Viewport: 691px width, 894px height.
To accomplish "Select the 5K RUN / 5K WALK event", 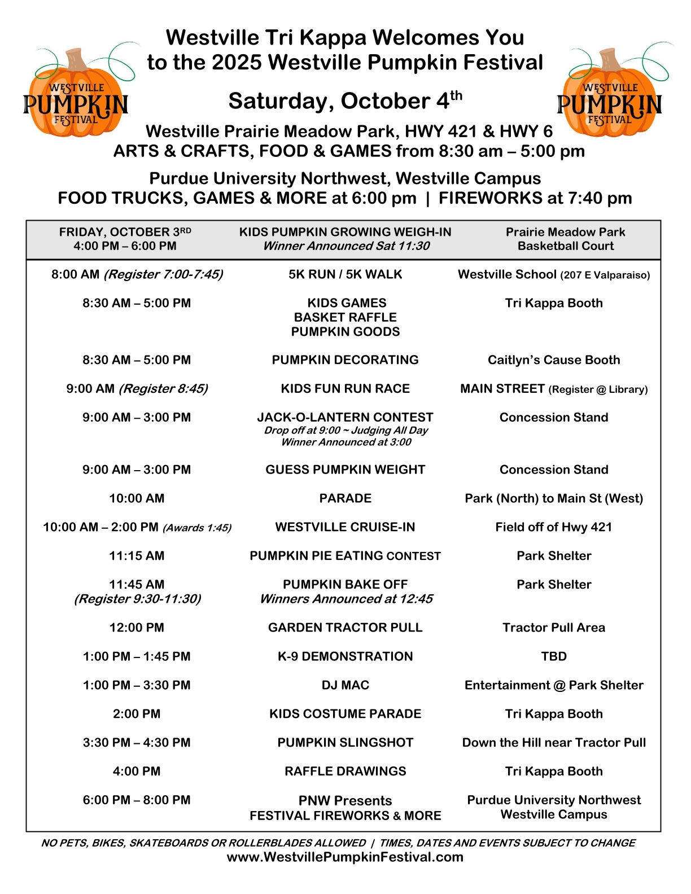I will (345, 274).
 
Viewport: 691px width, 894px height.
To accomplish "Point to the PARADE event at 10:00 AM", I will (345, 498).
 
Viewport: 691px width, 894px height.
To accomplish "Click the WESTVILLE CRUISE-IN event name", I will (345, 527).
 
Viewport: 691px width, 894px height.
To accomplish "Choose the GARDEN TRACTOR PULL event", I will (345, 628).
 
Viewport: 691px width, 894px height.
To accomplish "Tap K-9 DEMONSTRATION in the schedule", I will (345, 656).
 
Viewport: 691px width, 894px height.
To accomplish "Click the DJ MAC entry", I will (345, 685).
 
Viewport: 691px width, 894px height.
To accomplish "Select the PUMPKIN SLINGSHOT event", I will (345, 743).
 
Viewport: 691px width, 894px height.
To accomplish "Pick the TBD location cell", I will (553, 656).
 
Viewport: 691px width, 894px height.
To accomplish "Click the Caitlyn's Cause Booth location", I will (553, 360).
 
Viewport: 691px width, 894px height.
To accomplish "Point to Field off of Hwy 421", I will (553, 527).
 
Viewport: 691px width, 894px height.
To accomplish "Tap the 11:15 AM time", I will (137, 556).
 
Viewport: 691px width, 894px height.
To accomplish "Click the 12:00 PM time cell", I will (137, 628).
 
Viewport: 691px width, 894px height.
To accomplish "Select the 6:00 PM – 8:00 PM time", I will (137, 800).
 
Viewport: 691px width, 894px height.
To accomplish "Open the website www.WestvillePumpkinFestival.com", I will (345, 857).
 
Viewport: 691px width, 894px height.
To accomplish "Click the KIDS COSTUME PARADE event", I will (345, 714).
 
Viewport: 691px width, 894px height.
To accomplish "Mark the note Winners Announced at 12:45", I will (346, 599).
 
